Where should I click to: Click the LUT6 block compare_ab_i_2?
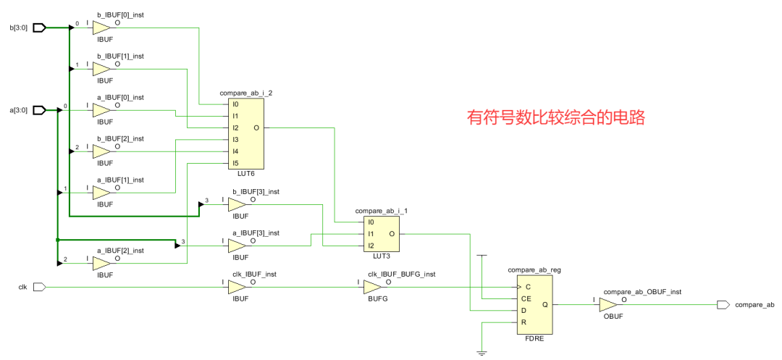coord(245,134)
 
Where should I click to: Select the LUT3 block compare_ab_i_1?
coord(382,233)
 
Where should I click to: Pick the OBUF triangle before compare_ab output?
coord(610,305)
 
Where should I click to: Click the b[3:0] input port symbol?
coord(40,28)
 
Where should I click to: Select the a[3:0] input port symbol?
coord(40,110)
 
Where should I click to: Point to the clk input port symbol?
coord(40,288)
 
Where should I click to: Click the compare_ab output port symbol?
coord(723,305)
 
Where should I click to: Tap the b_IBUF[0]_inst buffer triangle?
coord(102,28)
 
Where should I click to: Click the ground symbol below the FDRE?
coord(481,353)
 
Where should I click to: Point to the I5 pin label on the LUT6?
coord(235,163)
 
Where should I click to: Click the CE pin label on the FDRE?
coord(525,298)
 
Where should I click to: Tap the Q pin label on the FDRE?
coord(545,305)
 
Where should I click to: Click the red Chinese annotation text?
coord(555,117)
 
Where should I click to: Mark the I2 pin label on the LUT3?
coord(371,245)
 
